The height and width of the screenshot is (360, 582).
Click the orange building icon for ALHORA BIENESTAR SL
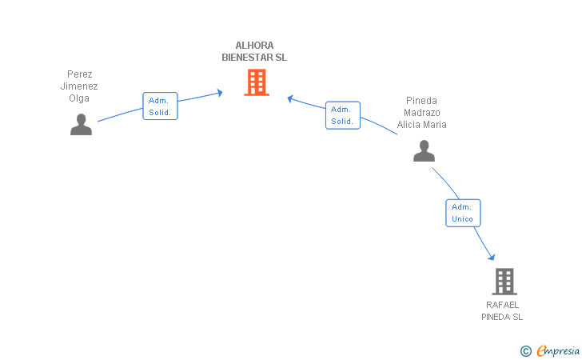256,82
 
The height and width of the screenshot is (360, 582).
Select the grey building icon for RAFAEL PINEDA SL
504,282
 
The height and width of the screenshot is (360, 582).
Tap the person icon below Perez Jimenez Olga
81,125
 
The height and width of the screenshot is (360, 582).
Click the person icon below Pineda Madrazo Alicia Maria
424,150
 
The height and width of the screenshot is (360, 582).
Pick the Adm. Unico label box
463,213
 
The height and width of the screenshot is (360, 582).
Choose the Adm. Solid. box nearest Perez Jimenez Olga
160,106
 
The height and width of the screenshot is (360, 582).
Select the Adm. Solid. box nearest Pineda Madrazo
342,115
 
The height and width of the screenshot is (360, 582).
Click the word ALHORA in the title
254,46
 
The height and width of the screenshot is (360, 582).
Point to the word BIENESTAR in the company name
245,58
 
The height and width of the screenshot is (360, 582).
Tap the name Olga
79,98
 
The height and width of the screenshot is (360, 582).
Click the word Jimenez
79,86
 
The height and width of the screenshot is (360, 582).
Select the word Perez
79,74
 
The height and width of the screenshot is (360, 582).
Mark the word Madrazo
421,113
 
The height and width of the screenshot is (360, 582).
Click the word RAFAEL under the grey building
502,305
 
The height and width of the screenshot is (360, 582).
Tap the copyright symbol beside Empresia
525,350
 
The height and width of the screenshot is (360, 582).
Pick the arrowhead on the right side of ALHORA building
291,98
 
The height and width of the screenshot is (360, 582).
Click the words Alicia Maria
421,125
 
